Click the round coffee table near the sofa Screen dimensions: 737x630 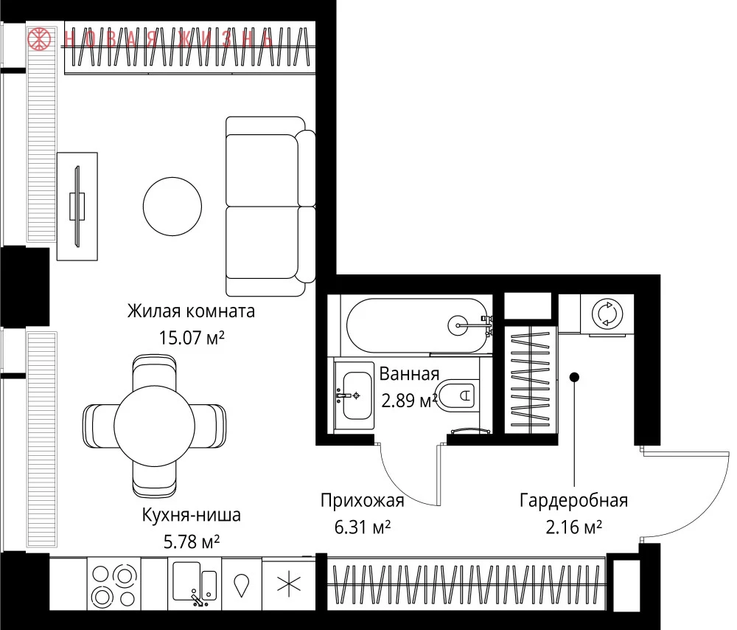172,206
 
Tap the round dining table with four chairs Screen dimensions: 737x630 154,426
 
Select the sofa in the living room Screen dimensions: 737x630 270,206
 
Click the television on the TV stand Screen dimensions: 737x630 77,206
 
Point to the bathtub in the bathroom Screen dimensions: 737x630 417,325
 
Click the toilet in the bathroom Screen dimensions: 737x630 455,394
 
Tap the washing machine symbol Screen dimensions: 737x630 607,314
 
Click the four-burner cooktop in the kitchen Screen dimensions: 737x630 114,585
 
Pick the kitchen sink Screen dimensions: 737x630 194,582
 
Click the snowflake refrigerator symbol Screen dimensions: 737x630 289,585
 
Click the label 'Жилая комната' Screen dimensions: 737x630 192,311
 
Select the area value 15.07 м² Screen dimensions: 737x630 192,337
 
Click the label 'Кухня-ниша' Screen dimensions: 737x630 192,515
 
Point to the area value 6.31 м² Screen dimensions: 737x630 363,527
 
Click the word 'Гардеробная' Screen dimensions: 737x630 574,500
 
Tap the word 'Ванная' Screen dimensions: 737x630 409,374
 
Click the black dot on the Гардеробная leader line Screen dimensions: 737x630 574,377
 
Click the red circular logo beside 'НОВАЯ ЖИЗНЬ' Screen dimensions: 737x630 40,38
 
